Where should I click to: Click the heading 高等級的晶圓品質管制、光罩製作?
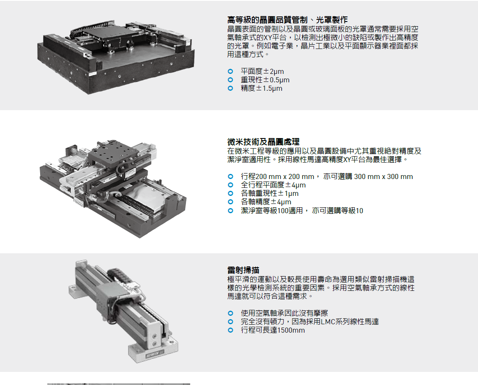(x=287, y=20)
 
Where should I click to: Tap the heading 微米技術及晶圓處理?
(x=263, y=142)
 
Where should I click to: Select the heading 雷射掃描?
(x=243, y=270)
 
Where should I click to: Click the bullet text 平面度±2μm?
(x=262, y=71)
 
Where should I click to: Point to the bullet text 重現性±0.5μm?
(x=265, y=80)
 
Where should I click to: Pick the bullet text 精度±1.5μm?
(x=261, y=88)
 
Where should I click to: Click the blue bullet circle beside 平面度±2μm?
(x=230, y=71)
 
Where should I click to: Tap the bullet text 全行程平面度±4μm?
(x=273, y=185)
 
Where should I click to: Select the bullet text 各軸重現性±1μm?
(x=270, y=193)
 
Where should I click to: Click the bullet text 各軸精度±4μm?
(x=266, y=202)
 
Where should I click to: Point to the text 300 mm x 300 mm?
(x=383, y=176)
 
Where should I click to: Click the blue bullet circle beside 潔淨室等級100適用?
(x=230, y=211)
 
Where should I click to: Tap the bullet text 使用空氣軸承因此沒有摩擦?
(x=284, y=313)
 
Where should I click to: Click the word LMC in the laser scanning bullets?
(x=328, y=322)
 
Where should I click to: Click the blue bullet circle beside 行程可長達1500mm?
(x=230, y=330)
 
